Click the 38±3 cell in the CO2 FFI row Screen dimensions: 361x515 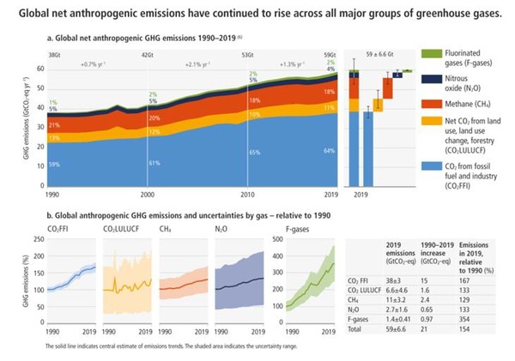(x=397, y=279)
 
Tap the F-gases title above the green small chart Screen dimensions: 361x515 (x=293, y=229)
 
